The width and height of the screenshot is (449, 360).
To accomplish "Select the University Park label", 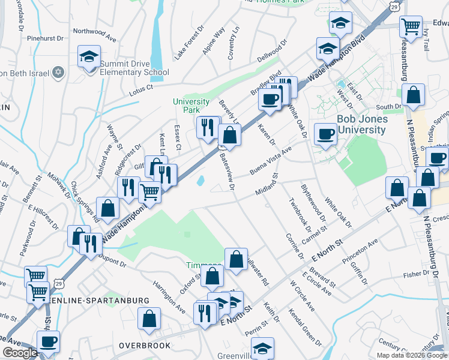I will click(191, 106).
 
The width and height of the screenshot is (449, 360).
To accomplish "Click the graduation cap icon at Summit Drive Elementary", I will click(89, 58).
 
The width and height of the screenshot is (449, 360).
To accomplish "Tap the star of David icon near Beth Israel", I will click(58, 73).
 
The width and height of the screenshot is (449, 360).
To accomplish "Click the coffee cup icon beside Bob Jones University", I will click(326, 133).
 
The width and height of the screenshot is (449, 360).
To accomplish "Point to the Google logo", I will click(20, 353).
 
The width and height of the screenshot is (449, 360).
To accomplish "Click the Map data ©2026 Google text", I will click(412, 355).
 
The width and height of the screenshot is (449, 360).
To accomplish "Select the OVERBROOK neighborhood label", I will click(144, 346).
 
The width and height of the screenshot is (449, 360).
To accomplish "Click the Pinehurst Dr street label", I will click(45, 38).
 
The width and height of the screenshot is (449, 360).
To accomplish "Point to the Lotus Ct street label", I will click(141, 90).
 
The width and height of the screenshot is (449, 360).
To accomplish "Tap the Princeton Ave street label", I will click(360, 251).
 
